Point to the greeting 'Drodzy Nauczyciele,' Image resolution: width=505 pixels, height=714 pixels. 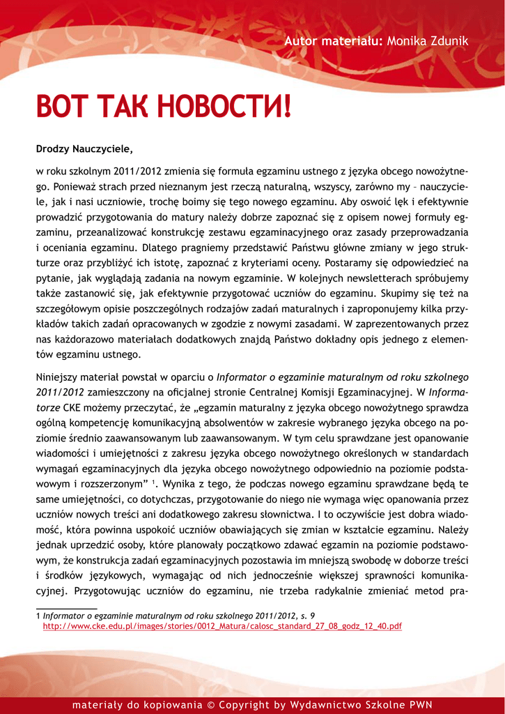(x=84, y=149)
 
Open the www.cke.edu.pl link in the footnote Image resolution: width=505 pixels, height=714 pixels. (x=222, y=627)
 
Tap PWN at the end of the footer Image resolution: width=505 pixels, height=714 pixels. (x=419, y=705)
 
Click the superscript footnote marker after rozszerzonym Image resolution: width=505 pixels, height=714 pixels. (x=153, y=482)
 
